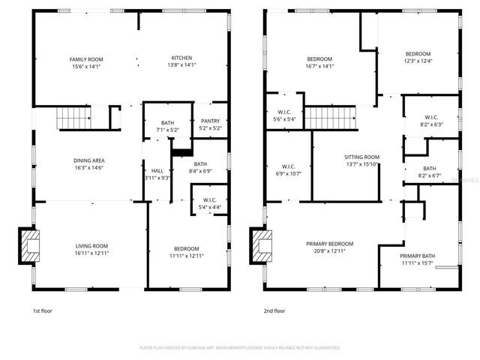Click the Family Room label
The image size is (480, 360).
pyautogui.click(x=86, y=59)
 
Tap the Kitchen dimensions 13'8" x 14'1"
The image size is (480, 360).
pyautogui.click(x=181, y=65)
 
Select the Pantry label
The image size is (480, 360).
pyautogui.click(x=210, y=121)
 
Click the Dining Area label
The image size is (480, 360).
pyautogui.click(x=88, y=160)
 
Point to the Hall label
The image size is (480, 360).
pyautogui.click(x=157, y=170)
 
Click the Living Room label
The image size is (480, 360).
pyautogui.click(x=91, y=246)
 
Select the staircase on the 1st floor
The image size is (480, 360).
pyautogui.click(x=73, y=118)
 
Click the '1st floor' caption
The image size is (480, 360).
pyautogui.click(x=42, y=310)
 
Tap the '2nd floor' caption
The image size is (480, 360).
pyautogui.click(x=274, y=310)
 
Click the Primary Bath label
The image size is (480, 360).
pyautogui.click(x=418, y=256)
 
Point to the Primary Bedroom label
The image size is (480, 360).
pyautogui.click(x=329, y=244)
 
